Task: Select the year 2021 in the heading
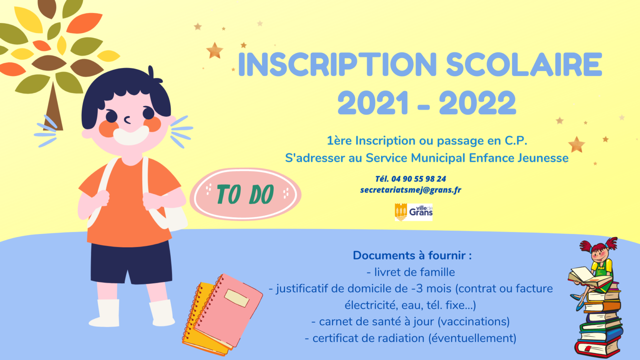373,103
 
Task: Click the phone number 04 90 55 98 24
418,179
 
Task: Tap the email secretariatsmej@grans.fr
411,190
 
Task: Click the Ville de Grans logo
413,212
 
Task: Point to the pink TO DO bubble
245,194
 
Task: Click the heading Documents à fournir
412,255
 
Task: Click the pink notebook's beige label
237,298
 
